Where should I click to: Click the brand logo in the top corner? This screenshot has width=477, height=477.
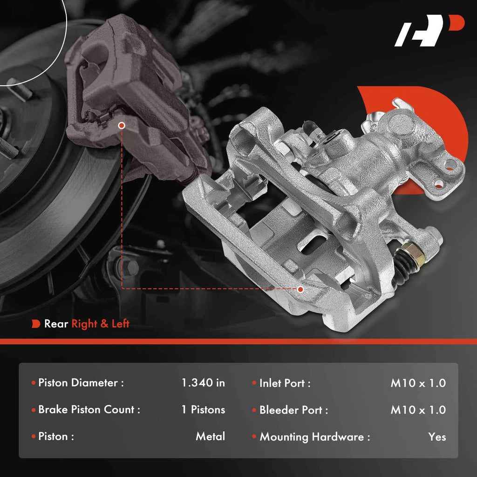coord(429,30)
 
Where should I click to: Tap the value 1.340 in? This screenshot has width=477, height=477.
coord(203,383)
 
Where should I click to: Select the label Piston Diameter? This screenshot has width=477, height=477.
coord(78,383)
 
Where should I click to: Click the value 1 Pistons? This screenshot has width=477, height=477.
coord(203,409)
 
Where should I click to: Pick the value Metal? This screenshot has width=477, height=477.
coord(210,436)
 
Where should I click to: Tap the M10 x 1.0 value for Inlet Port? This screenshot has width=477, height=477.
coord(418,383)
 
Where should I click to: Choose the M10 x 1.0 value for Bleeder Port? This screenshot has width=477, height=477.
coord(418,410)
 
